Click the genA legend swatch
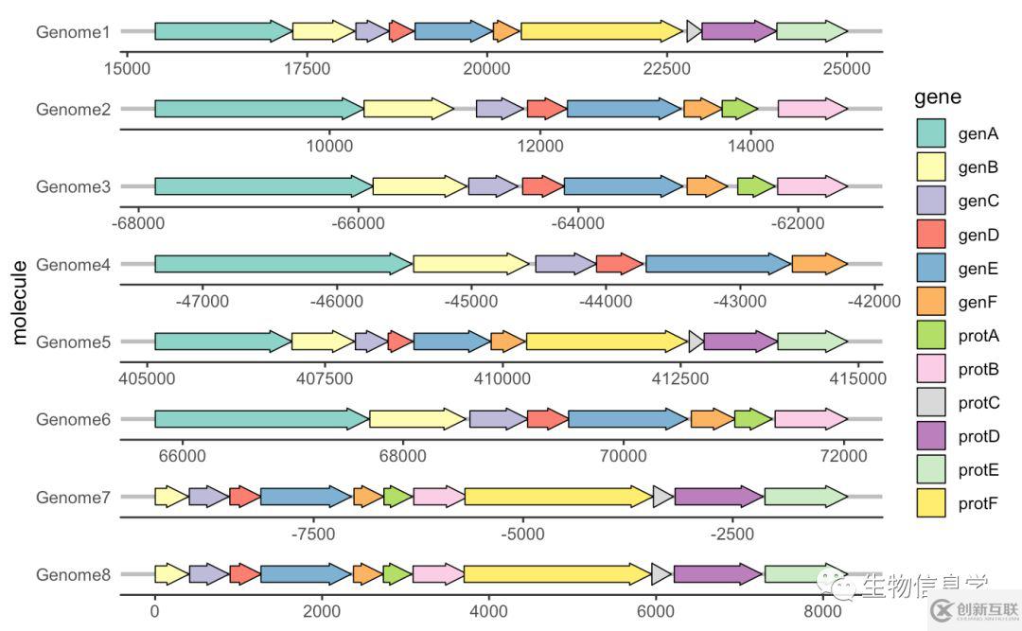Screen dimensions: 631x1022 point(931,132)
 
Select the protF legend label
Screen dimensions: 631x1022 point(978,503)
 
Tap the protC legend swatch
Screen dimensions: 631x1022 point(931,402)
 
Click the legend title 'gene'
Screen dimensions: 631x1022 point(938,96)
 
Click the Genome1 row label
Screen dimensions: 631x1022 point(73,32)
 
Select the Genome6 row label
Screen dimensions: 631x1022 point(73,419)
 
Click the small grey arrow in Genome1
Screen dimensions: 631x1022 point(694,31)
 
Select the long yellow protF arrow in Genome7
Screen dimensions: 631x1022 point(558,496)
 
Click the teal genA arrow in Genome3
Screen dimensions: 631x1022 point(263,186)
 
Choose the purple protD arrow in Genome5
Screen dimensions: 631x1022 point(740,342)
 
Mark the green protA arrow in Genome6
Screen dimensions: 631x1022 point(753,419)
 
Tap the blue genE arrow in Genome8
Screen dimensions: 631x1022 point(305,573)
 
